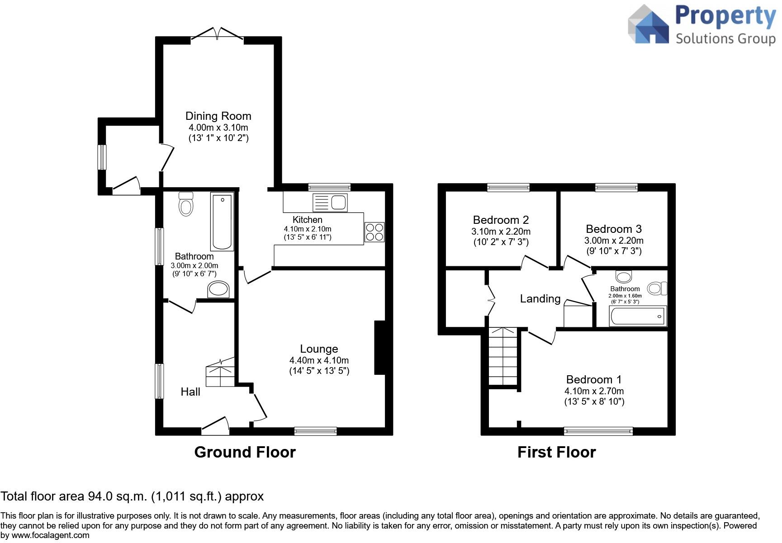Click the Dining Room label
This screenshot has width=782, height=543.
[218, 116]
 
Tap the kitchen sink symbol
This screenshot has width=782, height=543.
[330, 202]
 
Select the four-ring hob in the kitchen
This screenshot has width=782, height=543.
[374, 232]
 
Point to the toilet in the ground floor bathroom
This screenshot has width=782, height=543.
[186, 204]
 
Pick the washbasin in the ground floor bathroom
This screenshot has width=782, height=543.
[218, 289]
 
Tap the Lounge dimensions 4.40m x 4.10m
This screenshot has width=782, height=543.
[319, 360]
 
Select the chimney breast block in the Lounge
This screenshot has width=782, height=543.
[379, 348]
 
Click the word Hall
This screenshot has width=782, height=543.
[190, 392]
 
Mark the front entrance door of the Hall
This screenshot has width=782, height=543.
[215, 426]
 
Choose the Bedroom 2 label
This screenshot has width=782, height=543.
[501, 220]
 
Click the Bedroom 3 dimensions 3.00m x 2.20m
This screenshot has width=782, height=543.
[614, 241]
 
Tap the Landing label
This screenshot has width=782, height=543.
[540, 298]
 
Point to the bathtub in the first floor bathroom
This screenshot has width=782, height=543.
[638, 316]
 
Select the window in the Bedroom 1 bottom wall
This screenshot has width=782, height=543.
[598, 431]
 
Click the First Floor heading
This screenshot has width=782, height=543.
[556, 452]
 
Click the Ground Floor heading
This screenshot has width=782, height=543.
[245, 452]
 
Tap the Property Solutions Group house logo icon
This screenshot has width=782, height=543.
[648, 25]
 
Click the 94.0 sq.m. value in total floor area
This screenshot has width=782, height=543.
[117, 496]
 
